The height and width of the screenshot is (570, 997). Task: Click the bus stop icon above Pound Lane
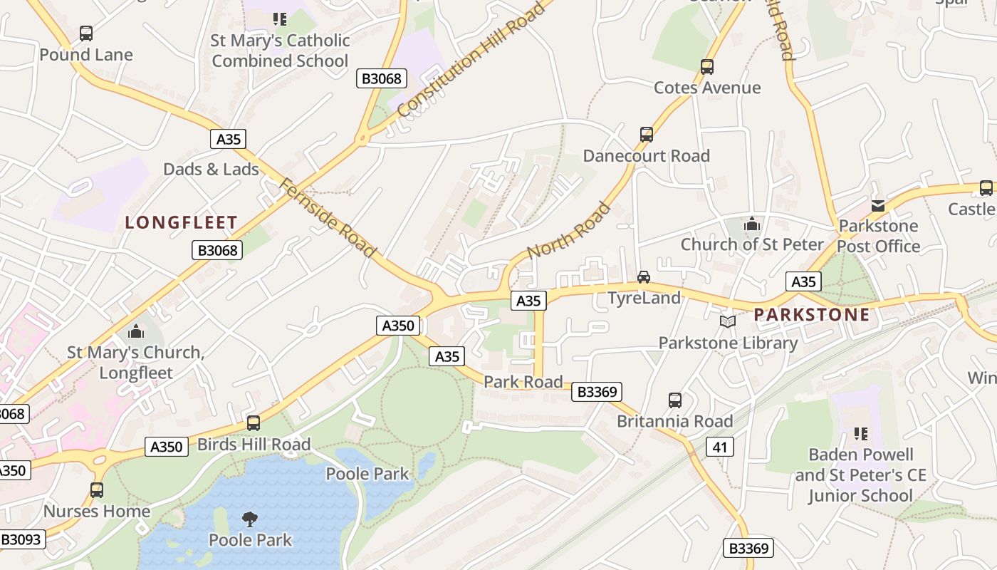point(86,33)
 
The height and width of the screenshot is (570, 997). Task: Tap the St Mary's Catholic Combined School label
point(281,51)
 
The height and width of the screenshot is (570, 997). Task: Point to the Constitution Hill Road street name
point(471,59)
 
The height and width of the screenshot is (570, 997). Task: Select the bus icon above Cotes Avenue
point(706,67)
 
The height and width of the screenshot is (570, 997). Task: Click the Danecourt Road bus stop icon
point(646,135)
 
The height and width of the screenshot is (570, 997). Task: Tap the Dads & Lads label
point(211,169)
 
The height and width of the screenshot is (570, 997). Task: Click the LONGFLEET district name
point(181,222)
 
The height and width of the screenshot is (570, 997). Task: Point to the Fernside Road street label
point(327,217)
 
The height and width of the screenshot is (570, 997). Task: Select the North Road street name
point(568,231)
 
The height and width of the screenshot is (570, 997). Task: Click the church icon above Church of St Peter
point(751,225)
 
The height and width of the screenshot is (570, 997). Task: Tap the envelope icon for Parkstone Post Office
point(878,206)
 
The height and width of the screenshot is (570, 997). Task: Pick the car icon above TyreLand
point(644,277)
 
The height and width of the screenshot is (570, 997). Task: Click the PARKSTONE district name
point(812,314)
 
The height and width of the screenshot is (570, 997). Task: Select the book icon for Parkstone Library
point(727,322)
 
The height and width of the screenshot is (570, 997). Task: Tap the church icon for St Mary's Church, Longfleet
point(135,332)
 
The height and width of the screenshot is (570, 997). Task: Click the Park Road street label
point(523,382)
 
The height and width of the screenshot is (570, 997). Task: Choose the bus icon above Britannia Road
point(674,400)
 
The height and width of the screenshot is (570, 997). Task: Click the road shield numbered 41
point(720,447)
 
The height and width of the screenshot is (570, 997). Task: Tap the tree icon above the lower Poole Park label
point(249,519)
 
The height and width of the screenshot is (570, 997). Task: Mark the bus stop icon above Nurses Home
point(97,490)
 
